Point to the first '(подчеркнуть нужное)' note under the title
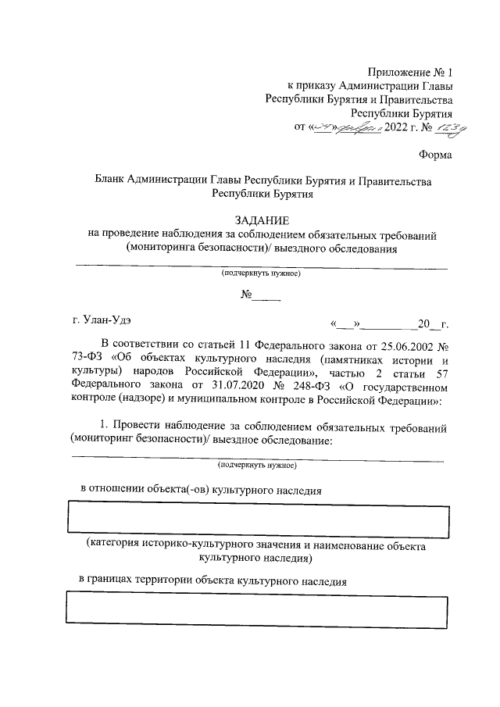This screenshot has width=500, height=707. [x=259, y=274]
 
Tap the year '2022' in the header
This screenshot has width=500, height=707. [x=397, y=128]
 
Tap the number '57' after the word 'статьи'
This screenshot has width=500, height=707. [x=441, y=372]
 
